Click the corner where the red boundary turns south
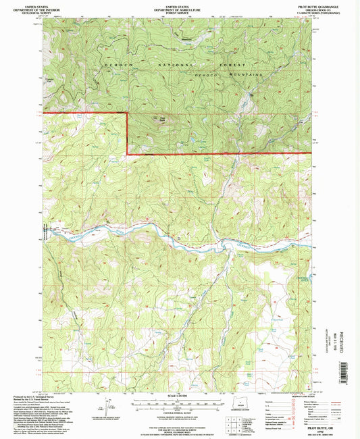pyautogui.click(x=128, y=112)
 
